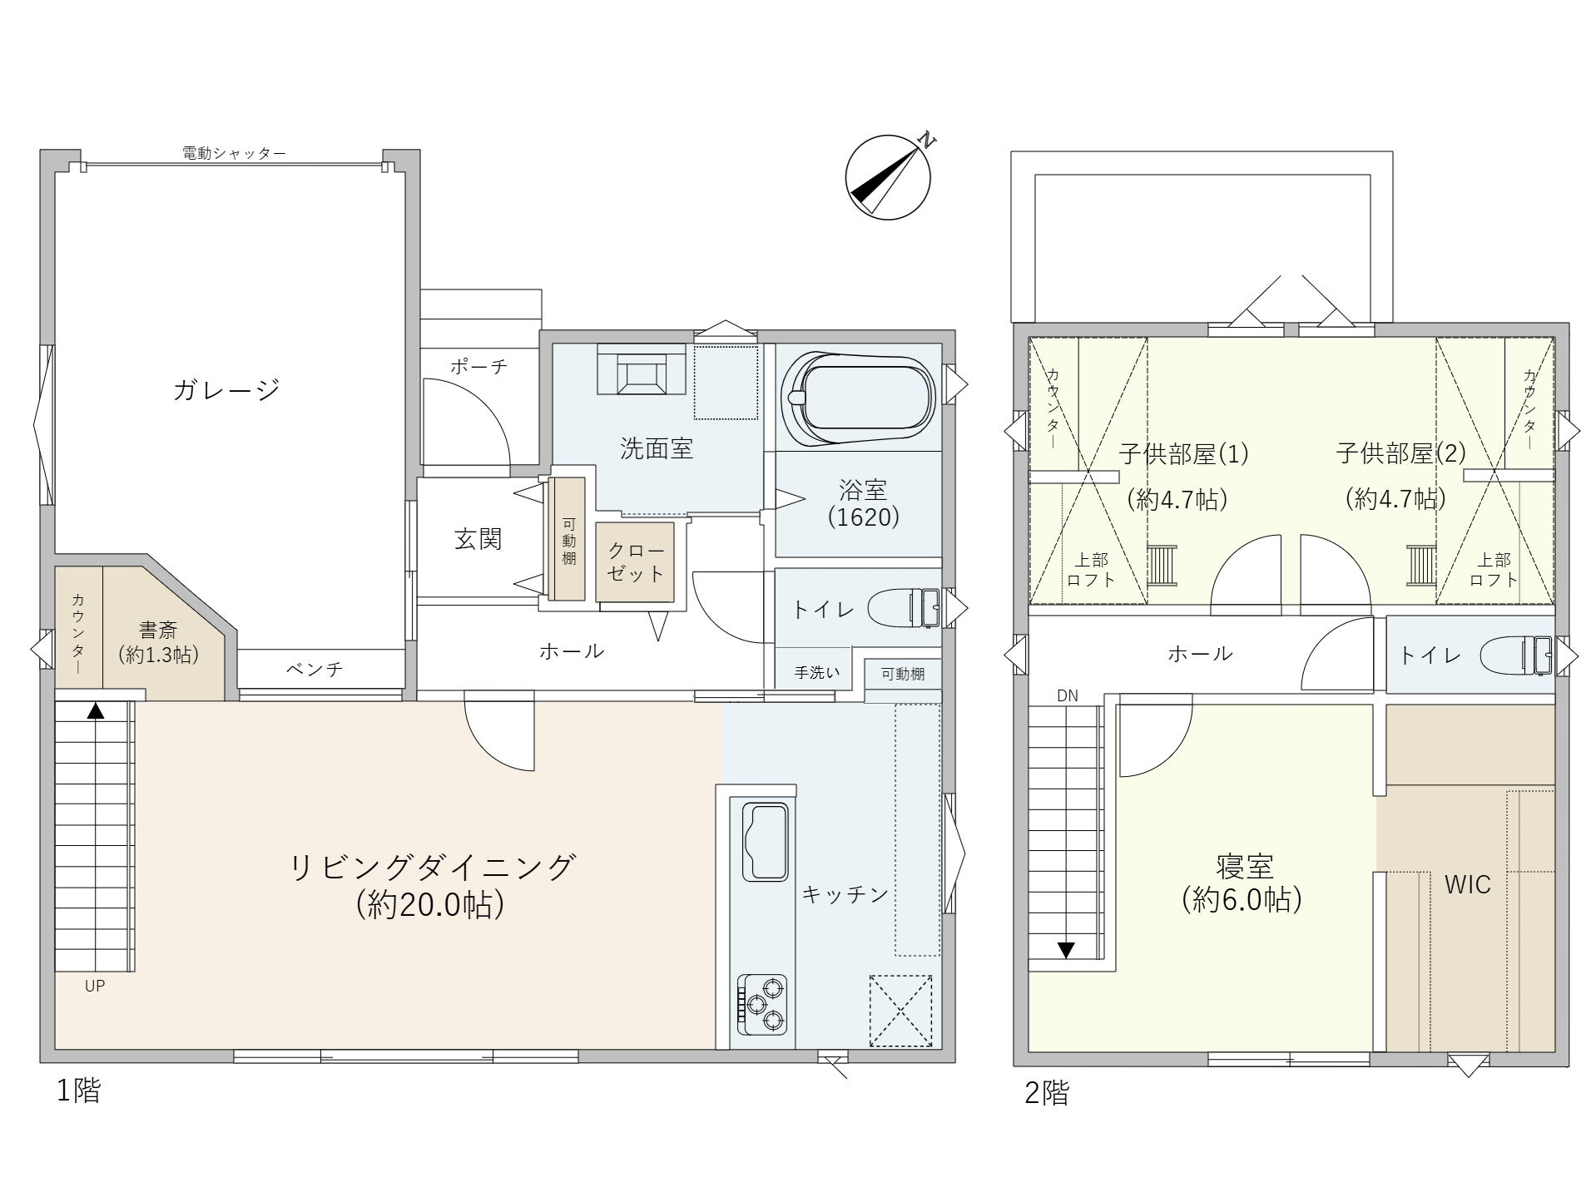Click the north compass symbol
pyautogui.click(x=889, y=176)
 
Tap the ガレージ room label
pyautogui.click(x=226, y=389)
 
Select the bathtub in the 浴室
pyautogui.click(x=859, y=398)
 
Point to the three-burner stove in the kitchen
pyautogui.click(x=761, y=1004)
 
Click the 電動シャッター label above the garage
pyautogui.click(x=234, y=153)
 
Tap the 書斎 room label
pyautogui.click(x=158, y=631)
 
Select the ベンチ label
pyautogui.click(x=315, y=669)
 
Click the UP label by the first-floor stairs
pyautogui.click(x=95, y=986)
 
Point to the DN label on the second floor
pyautogui.click(x=1068, y=695)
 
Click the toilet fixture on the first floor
pyautogui.click(x=905, y=608)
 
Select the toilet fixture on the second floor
pyautogui.click(x=1516, y=655)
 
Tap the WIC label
pyautogui.click(x=1467, y=884)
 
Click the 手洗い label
pyautogui.click(x=817, y=672)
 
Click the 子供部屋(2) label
pyautogui.click(x=1400, y=453)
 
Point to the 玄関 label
pyautogui.click(x=478, y=539)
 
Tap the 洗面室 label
pyautogui.click(x=657, y=449)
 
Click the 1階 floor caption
pyautogui.click(x=78, y=1091)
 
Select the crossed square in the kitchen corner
pyautogui.click(x=900, y=1011)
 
